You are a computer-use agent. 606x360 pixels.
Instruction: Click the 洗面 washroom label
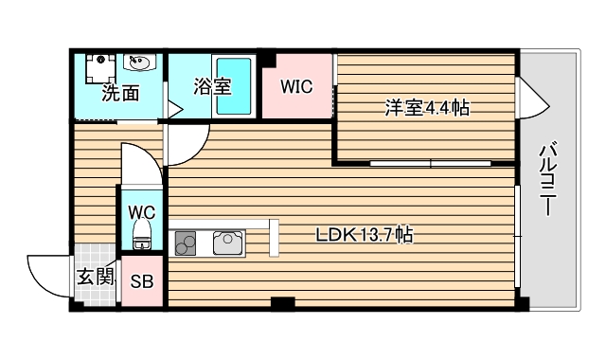point(120,94)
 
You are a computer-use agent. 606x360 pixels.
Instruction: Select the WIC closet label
point(296,86)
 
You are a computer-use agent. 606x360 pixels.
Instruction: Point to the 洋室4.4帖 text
point(427,108)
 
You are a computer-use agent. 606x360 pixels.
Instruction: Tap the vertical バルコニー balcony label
point(547,179)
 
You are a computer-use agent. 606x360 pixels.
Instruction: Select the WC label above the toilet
point(143,211)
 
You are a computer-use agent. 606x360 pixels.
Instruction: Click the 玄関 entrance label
point(96,278)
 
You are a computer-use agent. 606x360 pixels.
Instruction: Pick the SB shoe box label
point(142,281)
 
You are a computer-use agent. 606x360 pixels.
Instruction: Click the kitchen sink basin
point(228,243)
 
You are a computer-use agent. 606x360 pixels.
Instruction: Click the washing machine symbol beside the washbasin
point(98,65)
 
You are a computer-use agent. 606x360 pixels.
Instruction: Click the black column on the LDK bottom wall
point(281,303)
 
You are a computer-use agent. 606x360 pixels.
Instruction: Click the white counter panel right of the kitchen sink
point(273,237)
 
